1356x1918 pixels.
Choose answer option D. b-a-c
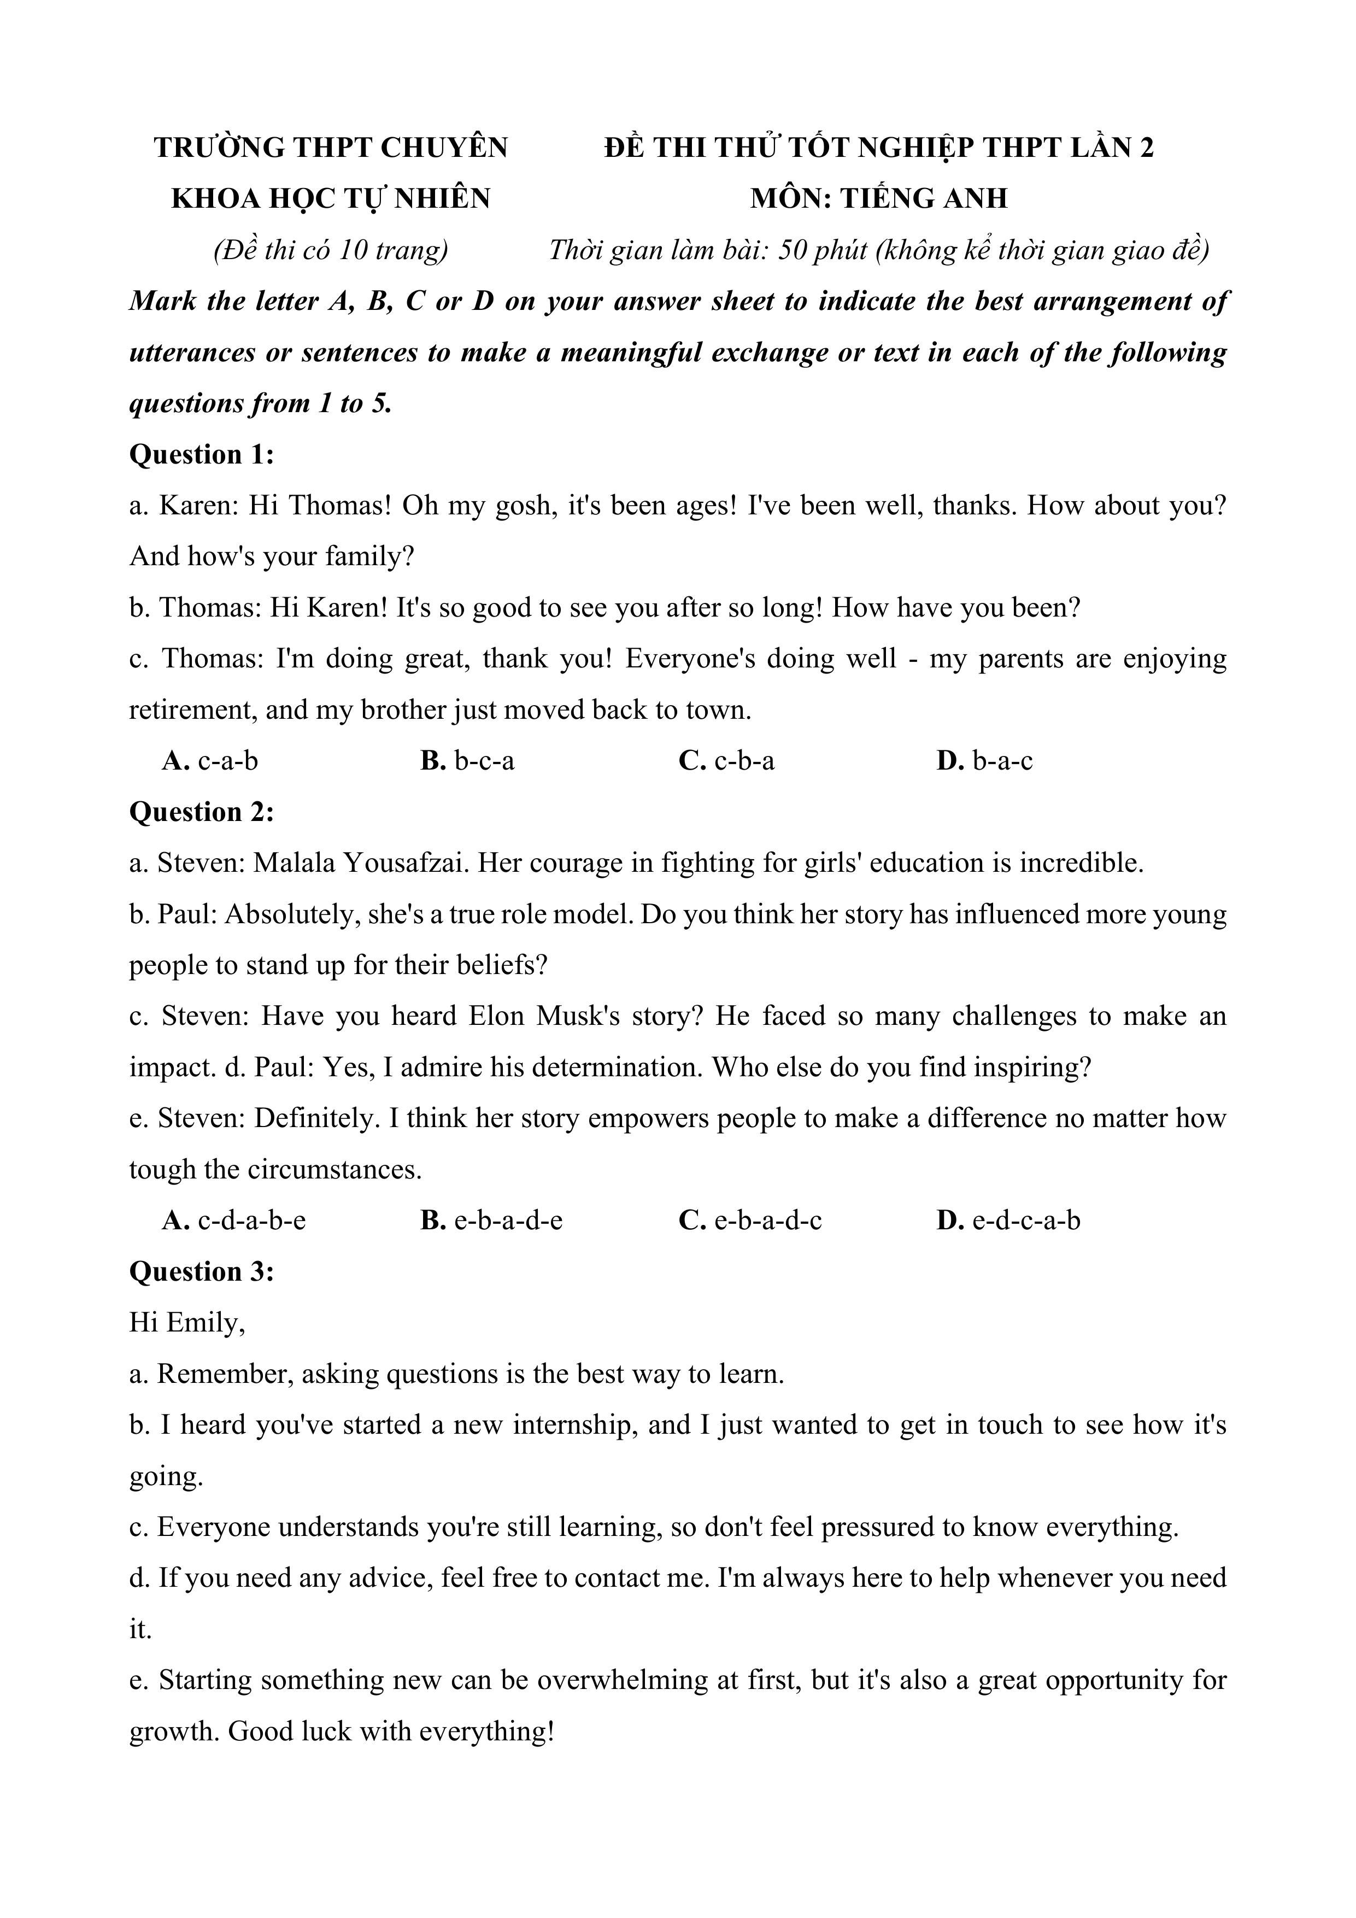point(984,761)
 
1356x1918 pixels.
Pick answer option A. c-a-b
point(210,761)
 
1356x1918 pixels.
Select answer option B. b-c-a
point(467,761)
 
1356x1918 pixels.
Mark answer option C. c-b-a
point(726,761)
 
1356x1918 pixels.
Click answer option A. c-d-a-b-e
point(234,1221)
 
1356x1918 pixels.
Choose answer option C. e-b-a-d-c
point(749,1221)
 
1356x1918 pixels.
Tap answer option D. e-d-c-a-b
point(1008,1221)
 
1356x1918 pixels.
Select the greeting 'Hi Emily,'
point(187,1322)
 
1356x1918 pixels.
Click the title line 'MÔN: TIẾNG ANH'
point(878,199)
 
